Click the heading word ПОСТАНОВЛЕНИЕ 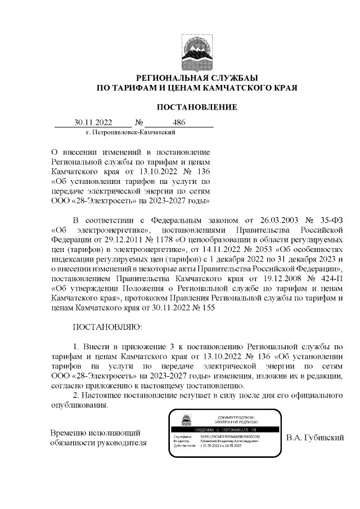196,107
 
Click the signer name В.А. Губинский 314,437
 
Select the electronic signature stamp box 226,435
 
